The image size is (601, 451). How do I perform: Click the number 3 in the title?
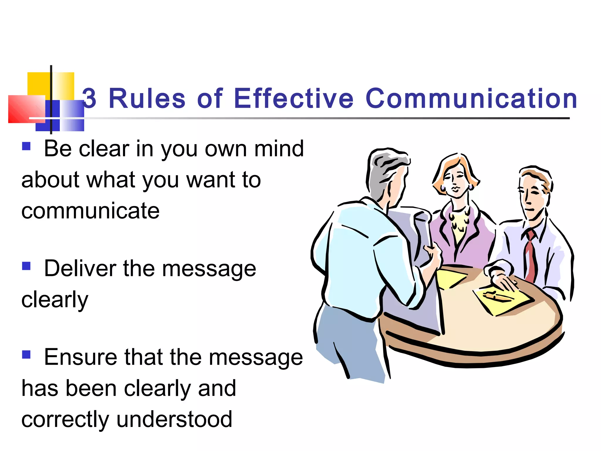click(x=89, y=99)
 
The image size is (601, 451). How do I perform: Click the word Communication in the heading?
click(x=471, y=99)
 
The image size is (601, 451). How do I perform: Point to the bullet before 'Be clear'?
click(x=26, y=146)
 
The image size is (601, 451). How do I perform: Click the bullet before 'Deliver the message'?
click(x=26, y=266)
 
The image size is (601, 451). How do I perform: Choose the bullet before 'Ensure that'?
click(x=26, y=354)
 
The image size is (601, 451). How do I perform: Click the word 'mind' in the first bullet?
click(x=279, y=149)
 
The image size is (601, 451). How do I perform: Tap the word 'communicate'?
click(x=90, y=211)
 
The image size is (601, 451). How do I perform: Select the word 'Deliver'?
click(x=80, y=268)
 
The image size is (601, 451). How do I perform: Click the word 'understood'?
click(x=174, y=419)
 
